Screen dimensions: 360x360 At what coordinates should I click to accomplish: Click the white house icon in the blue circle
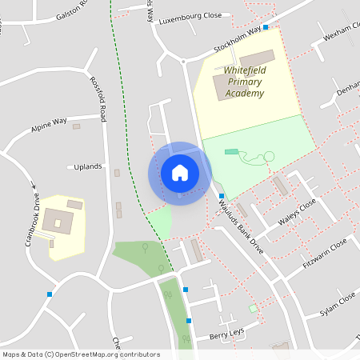point(180,173)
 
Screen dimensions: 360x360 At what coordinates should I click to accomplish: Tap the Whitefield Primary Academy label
point(244,82)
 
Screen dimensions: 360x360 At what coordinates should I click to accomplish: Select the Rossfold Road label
point(98,98)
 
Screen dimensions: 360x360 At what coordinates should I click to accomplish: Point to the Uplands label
point(88,166)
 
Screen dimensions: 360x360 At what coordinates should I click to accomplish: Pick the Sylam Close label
point(337,302)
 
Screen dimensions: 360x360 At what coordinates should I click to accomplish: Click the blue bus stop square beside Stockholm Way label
point(266,27)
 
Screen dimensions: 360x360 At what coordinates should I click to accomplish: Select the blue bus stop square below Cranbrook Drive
point(50,294)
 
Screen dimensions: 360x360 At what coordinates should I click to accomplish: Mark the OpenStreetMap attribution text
point(81,354)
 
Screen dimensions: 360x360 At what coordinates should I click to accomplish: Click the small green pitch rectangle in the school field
point(231,151)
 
